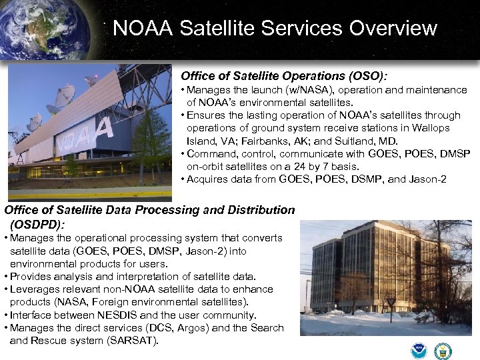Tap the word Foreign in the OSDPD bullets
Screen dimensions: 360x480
[x=100, y=302]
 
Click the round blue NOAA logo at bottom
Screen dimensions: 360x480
[x=419, y=350]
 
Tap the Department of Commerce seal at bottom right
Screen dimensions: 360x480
[x=443, y=350]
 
